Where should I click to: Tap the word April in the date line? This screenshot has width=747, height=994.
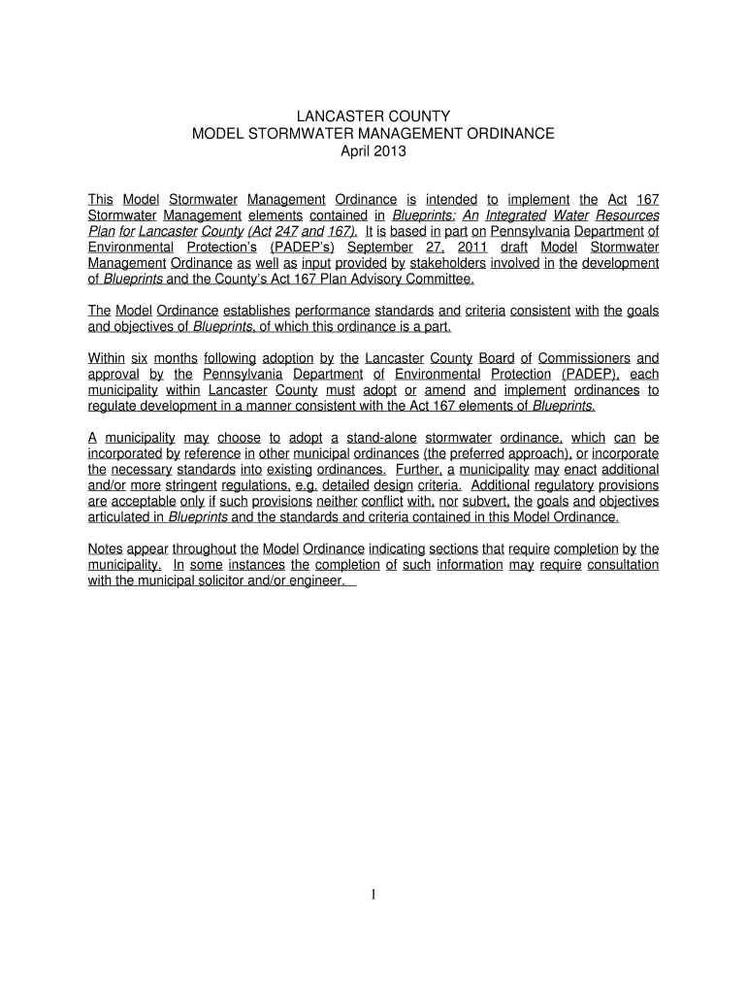[356, 151]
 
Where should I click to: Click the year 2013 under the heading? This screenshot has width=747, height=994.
[391, 151]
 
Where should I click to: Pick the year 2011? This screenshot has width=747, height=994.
[468, 248]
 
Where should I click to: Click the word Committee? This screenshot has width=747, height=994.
[439, 280]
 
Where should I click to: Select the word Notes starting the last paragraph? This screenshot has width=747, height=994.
[105, 548]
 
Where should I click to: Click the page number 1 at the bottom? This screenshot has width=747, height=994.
[373, 895]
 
